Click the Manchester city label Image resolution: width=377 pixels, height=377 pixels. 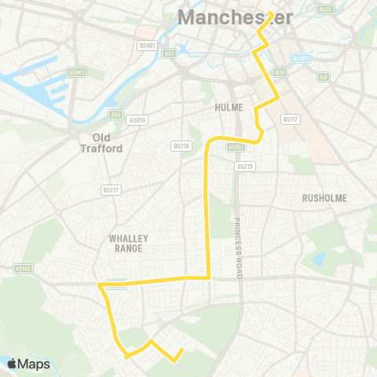coord(224,16)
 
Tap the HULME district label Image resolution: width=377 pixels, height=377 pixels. coord(228,107)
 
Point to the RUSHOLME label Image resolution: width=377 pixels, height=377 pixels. coord(324,198)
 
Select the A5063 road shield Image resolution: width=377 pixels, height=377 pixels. coord(77,72)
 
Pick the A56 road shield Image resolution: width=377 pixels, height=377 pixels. coord(116,114)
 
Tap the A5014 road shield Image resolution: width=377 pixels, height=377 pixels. coord(137,120)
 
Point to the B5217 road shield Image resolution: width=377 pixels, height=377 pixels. coord(110,189)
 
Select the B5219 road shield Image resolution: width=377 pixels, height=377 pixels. coord(245,167)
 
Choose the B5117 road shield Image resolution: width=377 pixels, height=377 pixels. coord(291,119)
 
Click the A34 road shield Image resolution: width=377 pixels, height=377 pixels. coord(279,73)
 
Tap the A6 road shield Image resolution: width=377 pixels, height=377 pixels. coord(324,77)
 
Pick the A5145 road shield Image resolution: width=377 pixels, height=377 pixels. coord(23,268)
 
